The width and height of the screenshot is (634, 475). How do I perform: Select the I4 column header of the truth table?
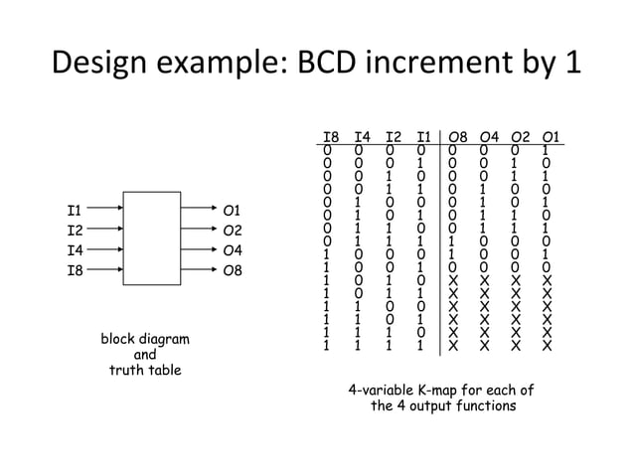pyautogui.click(x=362, y=137)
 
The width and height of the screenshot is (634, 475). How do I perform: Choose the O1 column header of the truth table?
pyautogui.click(x=549, y=137)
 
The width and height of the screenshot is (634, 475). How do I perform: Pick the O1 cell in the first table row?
pyautogui.click(x=549, y=151)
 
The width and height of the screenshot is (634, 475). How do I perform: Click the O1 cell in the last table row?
pyautogui.click(x=549, y=348)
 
